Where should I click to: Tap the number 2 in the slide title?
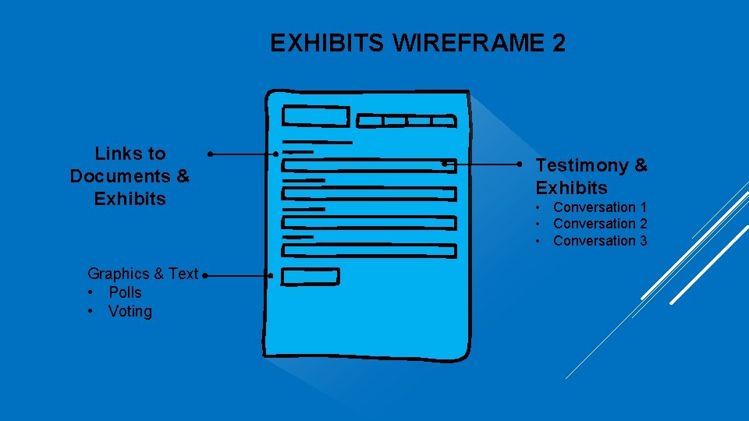pos(558,44)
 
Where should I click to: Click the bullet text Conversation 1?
pos(600,207)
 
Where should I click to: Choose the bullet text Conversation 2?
pos(600,224)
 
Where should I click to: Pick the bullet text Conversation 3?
pos(600,241)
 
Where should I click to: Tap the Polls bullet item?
pos(125,292)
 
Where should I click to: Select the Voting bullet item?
pos(130,311)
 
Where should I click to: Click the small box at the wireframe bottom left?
pos(310,276)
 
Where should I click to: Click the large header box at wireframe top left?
pos(315,116)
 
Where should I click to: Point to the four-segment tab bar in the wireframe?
pos(406,121)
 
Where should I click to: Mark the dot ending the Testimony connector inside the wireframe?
pos(444,164)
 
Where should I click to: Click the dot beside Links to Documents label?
pos(211,154)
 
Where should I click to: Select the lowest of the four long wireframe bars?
pos(368,251)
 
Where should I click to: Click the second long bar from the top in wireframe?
pos(368,194)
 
